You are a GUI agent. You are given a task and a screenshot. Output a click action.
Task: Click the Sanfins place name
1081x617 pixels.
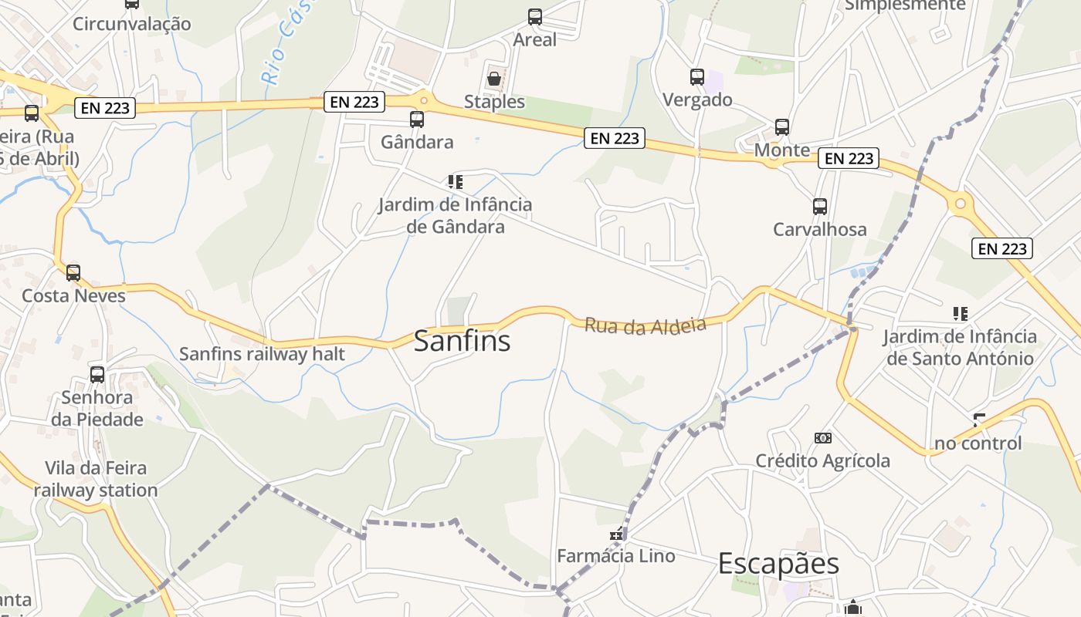(x=462, y=340)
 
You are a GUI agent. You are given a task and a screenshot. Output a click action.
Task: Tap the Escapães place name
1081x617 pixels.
(x=778, y=563)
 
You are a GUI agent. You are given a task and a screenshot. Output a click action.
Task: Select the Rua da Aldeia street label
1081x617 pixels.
(x=645, y=325)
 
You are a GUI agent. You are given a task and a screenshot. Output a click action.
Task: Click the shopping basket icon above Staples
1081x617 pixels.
(x=494, y=79)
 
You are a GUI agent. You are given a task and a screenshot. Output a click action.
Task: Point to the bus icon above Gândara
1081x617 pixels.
(x=417, y=119)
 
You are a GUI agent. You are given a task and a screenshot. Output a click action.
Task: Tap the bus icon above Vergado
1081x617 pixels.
(x=696, y=76)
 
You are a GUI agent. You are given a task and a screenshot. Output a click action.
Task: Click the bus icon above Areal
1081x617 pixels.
(x=534, y=16)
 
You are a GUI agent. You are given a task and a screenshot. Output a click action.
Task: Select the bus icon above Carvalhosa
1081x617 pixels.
(x=819, y=206)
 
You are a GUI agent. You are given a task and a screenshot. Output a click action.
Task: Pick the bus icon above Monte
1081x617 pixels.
(x=781, y=126)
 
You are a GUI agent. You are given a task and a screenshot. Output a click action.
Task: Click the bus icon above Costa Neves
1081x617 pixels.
(x=73, y=272)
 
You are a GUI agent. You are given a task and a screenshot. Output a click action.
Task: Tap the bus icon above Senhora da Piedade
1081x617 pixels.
(x=97, y=374)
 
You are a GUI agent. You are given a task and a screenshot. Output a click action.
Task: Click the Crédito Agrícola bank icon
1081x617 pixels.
(x=822, y=438)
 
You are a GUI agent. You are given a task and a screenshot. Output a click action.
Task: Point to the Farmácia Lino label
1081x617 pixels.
(x=615, y=555)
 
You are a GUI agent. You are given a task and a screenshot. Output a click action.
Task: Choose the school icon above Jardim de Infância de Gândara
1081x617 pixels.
(x=455, y=182)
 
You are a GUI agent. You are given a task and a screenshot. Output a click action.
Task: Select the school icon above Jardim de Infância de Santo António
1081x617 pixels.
(x=960, y=313)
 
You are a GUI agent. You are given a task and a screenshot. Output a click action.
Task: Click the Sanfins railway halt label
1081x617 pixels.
(x=262, y=354)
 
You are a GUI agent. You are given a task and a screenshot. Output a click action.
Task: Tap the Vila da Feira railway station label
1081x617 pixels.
(x=95, y=479)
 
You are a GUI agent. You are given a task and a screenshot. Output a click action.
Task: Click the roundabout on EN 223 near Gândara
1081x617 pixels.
(x=423, y=99)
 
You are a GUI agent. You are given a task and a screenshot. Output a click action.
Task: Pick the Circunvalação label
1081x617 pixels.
(x=131, y=24)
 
